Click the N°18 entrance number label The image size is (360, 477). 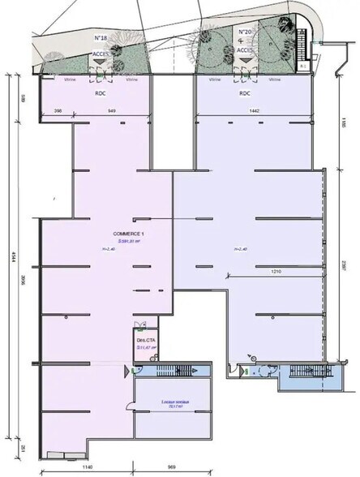(x=102, y=37)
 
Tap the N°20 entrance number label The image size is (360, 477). (x=242, y=32)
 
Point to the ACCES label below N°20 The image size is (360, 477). (x=242, y=48)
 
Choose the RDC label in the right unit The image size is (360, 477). (x=243, y=93)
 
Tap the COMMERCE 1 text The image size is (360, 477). (x=127, y=234)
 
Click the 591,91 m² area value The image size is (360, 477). (x=128, y=241)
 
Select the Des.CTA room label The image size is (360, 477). (x=145, y=340)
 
